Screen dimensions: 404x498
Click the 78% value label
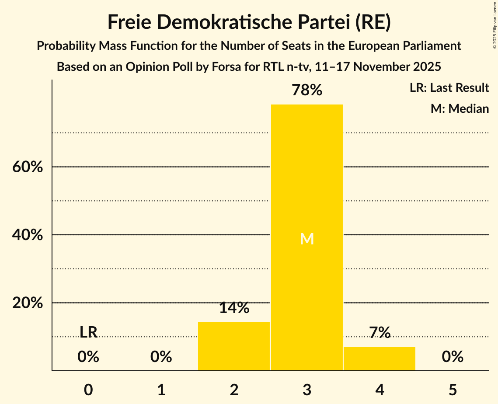(x=306, y=91)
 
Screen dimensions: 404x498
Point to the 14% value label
(x=234, y=308)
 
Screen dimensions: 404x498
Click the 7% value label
(x=379, y=333)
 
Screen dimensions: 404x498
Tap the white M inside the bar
(x=306, y=239)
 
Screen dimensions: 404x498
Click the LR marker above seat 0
(x=88, y=332)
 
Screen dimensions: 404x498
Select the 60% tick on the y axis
(x=28, y=167)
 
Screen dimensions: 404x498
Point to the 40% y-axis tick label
(x=28, y=235)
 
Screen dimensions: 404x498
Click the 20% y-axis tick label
(x=28, y=303)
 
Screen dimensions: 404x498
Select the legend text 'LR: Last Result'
(x=449, y=88)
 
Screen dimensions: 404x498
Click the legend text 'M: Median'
(x=460, y=108)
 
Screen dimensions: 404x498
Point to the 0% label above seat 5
(x=452, y=357)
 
